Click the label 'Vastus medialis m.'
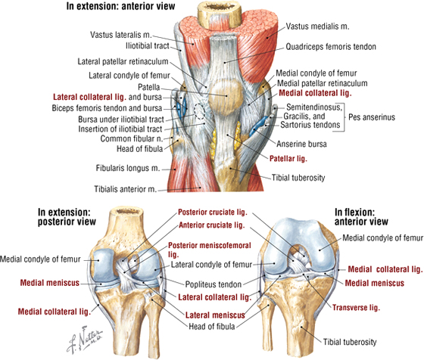(317, 26)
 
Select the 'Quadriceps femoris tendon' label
(331, 47)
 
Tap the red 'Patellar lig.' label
(288, 159)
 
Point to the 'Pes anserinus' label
(372, 117)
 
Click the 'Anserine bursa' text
(301, 144)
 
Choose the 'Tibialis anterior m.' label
(125, 189)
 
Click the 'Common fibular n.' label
(132, 139)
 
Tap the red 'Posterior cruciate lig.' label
(213, 213)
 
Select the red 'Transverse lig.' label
(356, 308)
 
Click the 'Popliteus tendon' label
(213, 284)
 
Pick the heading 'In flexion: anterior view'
(361, 217)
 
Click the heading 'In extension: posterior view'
(67, 217)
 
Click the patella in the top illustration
(226, 95)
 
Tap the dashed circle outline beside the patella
(200, 111)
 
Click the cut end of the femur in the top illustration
(220, 13)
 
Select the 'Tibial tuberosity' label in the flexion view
(350, 342)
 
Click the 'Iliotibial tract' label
(148, 46)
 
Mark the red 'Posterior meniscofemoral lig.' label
(210, 250)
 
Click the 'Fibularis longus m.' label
(128, 168)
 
